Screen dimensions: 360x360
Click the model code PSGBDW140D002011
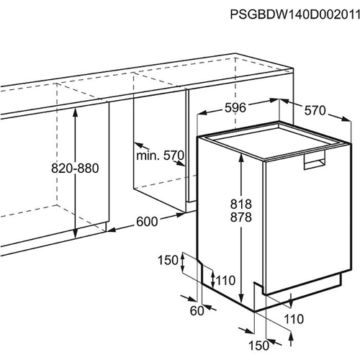tap(295, 14)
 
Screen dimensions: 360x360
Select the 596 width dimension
tap(235, 108)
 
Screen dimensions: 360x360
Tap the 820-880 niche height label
tap(75, 168)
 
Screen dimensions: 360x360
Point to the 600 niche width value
tap(147, 222)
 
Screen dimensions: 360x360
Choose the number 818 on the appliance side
tap(241, 204)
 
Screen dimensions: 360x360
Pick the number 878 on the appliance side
tap(241, 217)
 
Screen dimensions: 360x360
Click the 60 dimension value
tap(197, 311)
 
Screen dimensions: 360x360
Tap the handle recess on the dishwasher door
tap(315, 160)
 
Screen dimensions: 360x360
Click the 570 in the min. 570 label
tap(174, 156)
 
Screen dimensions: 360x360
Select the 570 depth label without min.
tap(315, 111)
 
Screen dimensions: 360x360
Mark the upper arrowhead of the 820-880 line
tap(76, 112)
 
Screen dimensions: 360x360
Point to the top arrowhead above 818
tap(241, 158)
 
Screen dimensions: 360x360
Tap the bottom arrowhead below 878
tap(241, 299)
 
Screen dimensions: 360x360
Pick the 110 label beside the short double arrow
tap(225, 280)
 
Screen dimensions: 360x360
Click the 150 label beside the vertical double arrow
tap(168, 260)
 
